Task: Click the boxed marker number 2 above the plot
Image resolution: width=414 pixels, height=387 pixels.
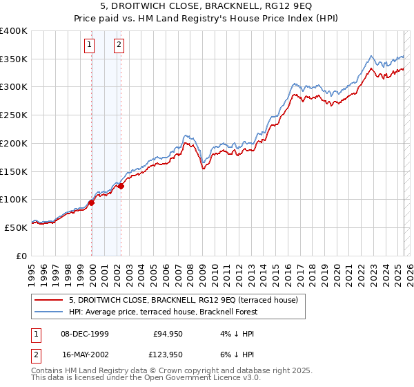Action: [x=119, y=46]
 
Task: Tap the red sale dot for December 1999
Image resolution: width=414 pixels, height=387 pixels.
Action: [x=91, y=202]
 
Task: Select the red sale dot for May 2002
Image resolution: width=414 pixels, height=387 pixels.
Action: [x=121, y=186]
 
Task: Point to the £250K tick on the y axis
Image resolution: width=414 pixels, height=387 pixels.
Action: [x=14, y=115]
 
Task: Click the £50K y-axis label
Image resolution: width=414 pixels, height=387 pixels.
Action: [x=16, y=227]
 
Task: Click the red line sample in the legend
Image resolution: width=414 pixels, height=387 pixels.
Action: [x=48, y=300]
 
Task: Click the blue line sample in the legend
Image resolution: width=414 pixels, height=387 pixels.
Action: [x=48, y=312]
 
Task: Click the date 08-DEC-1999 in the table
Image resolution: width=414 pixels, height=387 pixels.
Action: [x=85, y=334]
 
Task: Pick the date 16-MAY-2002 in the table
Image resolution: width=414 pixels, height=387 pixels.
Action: [x=85, y=355]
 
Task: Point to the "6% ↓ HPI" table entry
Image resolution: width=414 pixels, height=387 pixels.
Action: [x=237, y=355]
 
